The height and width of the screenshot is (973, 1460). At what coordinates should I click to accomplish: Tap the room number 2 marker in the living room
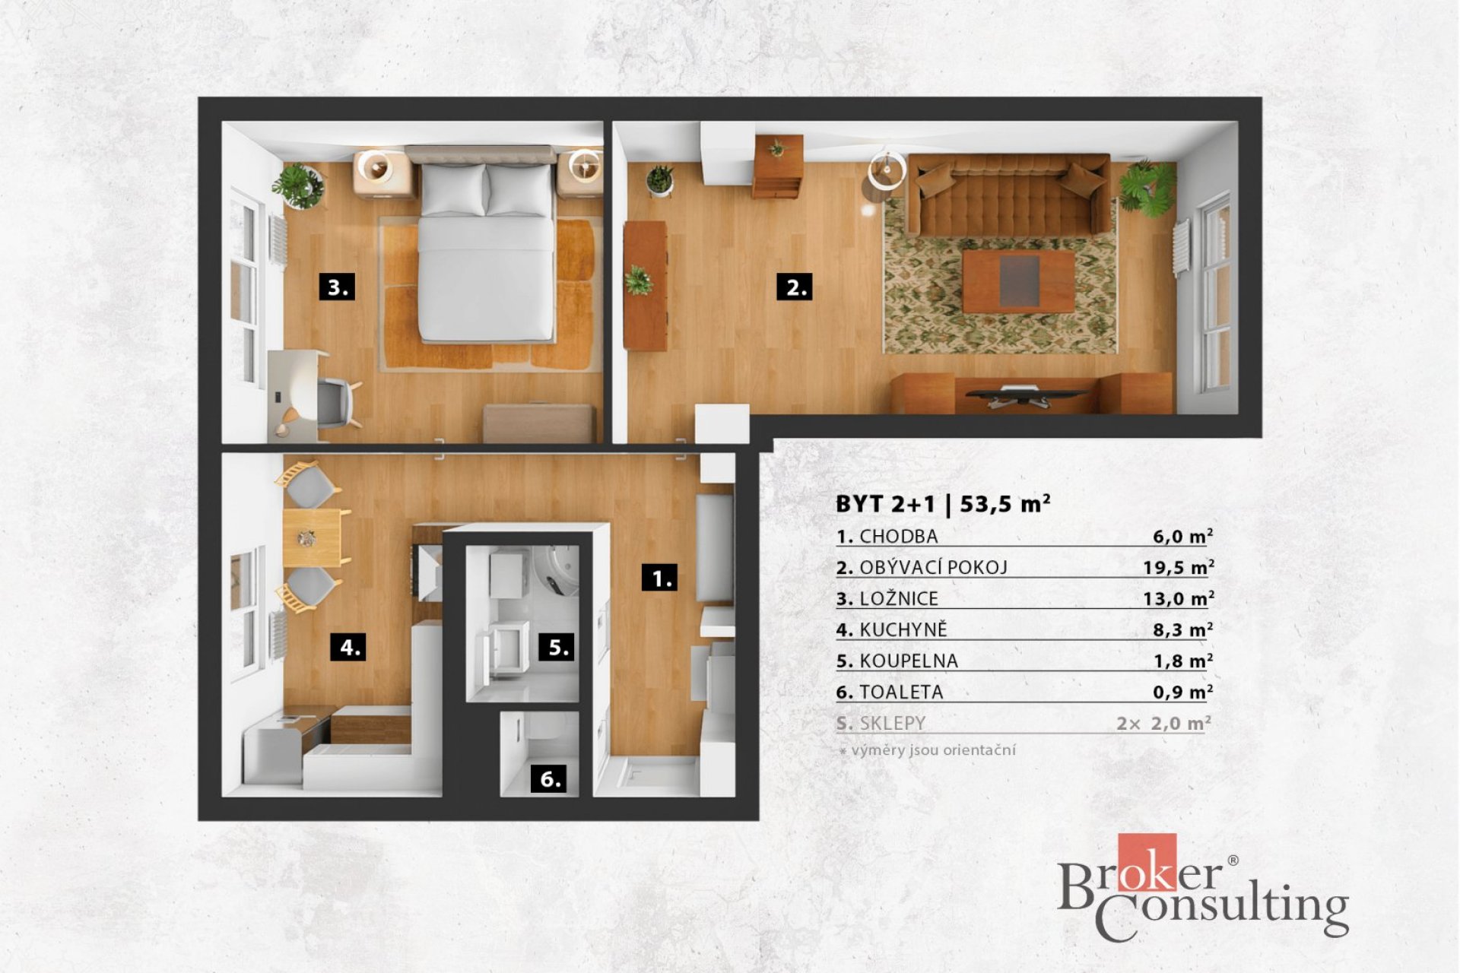(x=795, y=287)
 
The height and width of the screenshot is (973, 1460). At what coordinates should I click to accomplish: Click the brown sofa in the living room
(x=1008, y=195)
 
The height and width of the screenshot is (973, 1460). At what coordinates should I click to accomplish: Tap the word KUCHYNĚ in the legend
(x=903, y=630)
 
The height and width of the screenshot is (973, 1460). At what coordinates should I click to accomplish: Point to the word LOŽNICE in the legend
(x=899, y=599)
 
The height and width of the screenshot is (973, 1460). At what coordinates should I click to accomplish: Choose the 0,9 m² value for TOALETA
(x=1182, y=693)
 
